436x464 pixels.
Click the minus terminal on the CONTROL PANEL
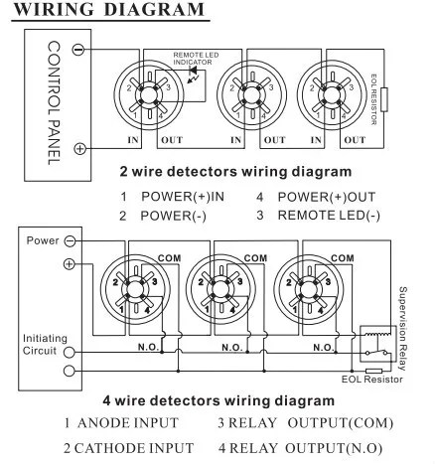click(x=78, y=50)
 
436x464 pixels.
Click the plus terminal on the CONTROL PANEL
click(x=79, y=148)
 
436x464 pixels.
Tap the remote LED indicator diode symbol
click(x=193, y=71)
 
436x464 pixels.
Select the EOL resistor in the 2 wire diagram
click(x=384, y=99)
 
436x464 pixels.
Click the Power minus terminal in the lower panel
click(x=70, y=240)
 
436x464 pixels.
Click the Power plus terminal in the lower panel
click(x=69, y=264)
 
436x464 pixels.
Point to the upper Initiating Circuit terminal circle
click(x=69, y=353)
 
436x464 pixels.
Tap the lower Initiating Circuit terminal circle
click(x=69, y=371)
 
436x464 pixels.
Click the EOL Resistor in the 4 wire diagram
click(x=374, y=371)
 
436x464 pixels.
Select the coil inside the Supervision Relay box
click(x=375, y=335)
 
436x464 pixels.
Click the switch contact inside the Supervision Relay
click(x=376, y=352)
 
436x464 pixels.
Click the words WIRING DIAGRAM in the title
click(x=109, y=9)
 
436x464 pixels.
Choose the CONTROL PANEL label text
click(x=54, y=103)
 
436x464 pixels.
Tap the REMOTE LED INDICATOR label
click(x=196, y=59)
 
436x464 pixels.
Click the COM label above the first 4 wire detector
click(x=170, y=258)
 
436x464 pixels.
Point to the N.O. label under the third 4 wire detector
click(x=324, y=348)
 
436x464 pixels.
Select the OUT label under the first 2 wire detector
click(x=172, y=140)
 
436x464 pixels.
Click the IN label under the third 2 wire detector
click(x=316, y=140)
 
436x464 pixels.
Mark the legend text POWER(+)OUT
click(x=327, y=197)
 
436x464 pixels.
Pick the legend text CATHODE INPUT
click(x=134, y=448)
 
